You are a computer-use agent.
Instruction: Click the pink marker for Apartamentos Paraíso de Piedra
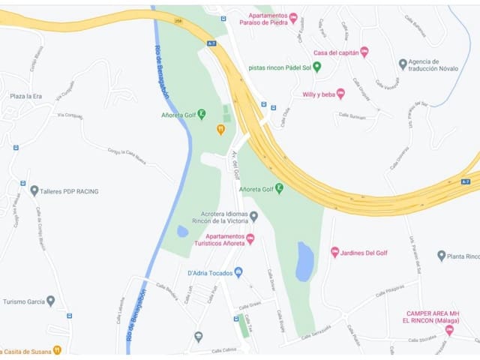(x=293, y=17)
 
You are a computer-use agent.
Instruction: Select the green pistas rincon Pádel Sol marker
(x=316, y=67)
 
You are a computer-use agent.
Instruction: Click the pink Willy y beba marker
(x=340, y=94)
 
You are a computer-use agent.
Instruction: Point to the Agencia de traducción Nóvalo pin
(x=403, y=64)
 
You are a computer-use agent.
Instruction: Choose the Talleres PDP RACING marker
(x=34, y=191)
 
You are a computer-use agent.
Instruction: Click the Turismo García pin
(x=50, y=301)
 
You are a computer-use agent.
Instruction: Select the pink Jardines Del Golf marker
(x=334, y=252)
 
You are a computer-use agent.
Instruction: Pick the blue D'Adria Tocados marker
(x=238, y=272)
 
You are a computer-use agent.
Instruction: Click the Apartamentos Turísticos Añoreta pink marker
(x=250, y=238)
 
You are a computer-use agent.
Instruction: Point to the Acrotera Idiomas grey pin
(x=253, y=217)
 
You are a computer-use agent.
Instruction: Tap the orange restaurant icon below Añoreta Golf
(x=220, y=129)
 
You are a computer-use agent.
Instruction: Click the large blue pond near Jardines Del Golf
(x=304, y=261)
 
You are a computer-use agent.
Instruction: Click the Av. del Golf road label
(x=235, y=164)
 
